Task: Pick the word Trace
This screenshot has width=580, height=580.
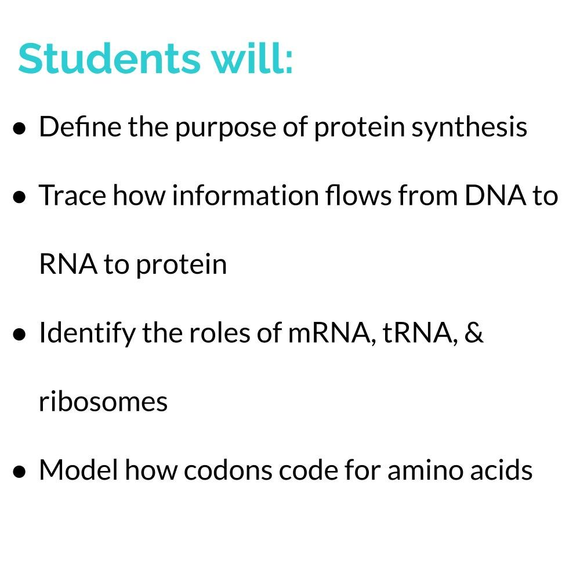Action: click(x=72, y=196)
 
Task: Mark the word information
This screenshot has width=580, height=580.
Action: click(x=244, y=196)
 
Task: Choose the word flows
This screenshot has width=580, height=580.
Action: click(x=357, y=196)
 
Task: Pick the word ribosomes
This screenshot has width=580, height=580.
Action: click(x=103, y=402)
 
